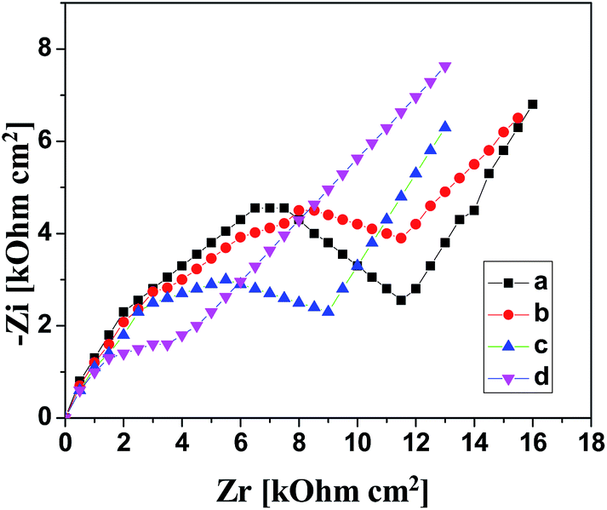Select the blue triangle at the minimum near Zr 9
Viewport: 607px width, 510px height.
(329, 311)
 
